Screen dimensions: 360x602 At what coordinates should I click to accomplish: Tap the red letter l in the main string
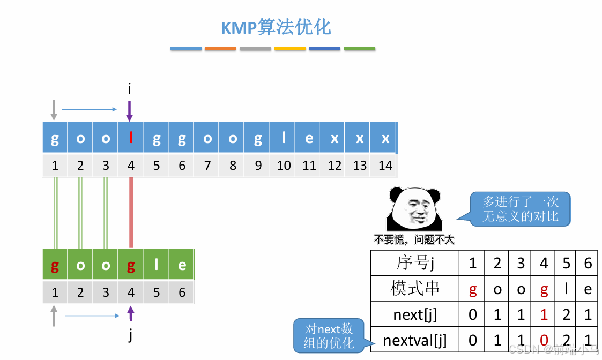point(131,139)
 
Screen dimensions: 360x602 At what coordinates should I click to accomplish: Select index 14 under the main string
point(385,166)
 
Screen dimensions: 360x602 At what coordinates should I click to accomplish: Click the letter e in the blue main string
point(309,139)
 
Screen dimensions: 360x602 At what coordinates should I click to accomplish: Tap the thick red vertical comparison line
point(131,213)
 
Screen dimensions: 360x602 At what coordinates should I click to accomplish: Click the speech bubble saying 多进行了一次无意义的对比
point(520,209)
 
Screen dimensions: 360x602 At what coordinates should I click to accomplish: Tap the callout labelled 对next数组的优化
point(329,336)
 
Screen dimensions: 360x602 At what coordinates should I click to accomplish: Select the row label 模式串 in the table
point(415,289)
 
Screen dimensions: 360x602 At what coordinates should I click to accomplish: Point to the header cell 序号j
point(415,263)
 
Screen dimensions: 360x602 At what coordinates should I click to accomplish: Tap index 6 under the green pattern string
point(182,292)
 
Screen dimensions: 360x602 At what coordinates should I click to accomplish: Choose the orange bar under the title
point(220,49)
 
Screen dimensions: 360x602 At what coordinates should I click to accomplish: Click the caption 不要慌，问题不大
point(414,240)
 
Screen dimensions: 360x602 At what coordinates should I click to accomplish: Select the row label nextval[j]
point(415,340)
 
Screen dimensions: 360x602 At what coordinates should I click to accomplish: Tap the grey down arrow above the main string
point(54,110)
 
